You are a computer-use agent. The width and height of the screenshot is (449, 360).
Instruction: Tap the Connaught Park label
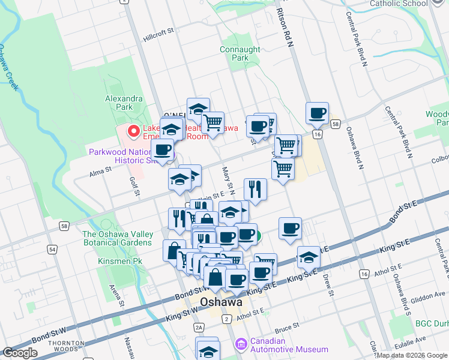click(x=240, y=54)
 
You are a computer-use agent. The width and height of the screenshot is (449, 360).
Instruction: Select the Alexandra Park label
click(x=124, y=103)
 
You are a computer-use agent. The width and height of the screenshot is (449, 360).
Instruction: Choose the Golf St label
click(x=134, y=186)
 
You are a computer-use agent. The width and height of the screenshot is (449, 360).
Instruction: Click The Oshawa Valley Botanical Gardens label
click(x=117, y=238)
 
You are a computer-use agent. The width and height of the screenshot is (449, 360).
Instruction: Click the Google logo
click(x=20, y=353)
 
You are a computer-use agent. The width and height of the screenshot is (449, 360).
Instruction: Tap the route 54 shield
click(x=53, y=248)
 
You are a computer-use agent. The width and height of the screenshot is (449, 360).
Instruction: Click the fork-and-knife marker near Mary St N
click(x=255, y=190)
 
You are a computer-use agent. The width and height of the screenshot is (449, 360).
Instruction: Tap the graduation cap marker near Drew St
click(x=308, y=257)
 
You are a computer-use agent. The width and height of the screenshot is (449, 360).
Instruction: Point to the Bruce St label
click(x=286, y=328)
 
